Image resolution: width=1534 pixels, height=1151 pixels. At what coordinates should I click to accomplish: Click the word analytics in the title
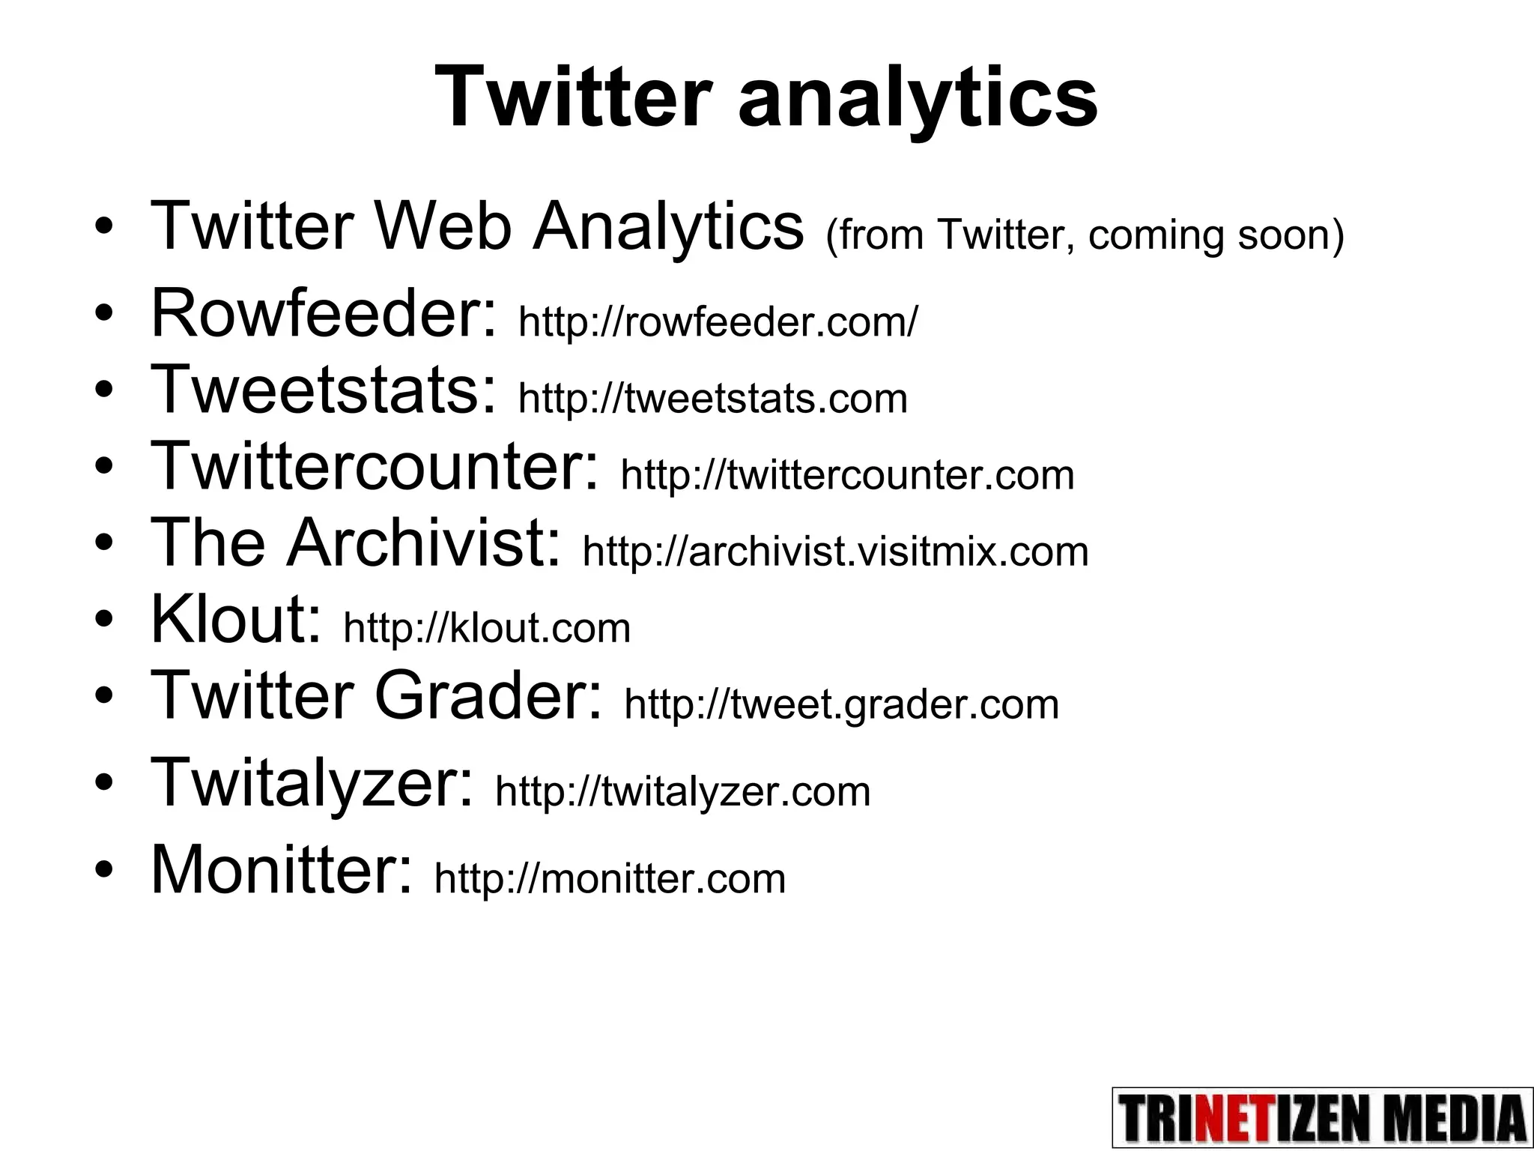918,98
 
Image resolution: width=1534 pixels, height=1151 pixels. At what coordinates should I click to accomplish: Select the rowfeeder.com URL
717,322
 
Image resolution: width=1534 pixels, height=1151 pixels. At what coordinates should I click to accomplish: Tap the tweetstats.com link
712,398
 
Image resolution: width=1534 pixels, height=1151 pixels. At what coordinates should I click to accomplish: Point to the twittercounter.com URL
847,475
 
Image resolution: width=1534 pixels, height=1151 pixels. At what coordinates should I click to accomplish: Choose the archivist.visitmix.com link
835,552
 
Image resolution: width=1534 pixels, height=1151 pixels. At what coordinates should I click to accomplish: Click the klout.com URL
487,628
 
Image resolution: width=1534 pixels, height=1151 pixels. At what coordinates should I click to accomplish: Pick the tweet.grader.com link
841,704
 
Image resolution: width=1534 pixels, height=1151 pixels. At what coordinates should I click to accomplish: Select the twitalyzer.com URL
682,792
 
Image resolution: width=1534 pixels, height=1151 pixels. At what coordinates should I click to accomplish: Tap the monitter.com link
610,878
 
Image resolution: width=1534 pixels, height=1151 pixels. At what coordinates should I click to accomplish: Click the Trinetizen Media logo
1322,1117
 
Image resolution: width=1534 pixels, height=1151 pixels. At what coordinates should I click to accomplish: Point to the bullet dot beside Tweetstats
104,389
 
